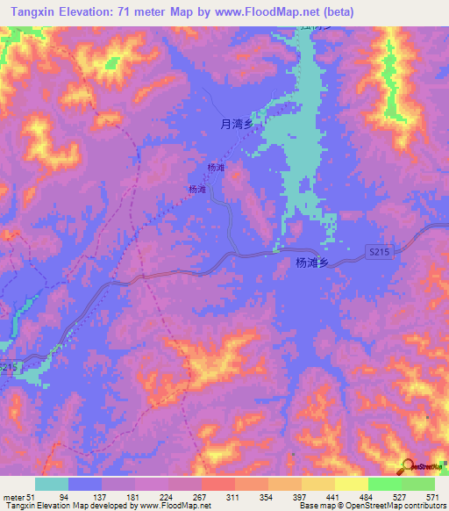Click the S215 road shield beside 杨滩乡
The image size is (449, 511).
click(x=378, y=252)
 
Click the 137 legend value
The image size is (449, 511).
click(x=102, y=496)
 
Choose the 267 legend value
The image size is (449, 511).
click(x=202, y=496)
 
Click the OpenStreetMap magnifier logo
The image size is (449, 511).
click(x=409, y=466)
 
